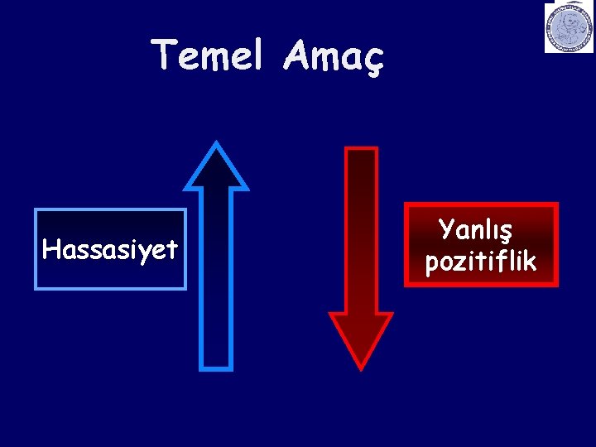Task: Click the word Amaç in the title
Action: click(x=333, y=56)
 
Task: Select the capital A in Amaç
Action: click(x=296, y=55)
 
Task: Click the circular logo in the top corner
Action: click(x=569, y=28)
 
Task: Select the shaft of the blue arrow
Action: click(x=216, y=273)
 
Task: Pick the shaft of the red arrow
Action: click(x=361, y=232)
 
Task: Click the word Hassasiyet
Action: click(x=110, y=249)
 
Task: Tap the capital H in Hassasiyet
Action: click(x=50, y=249)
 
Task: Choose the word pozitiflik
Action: click(x=481, y=262)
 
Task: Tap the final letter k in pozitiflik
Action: click(x=529, y=261)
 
